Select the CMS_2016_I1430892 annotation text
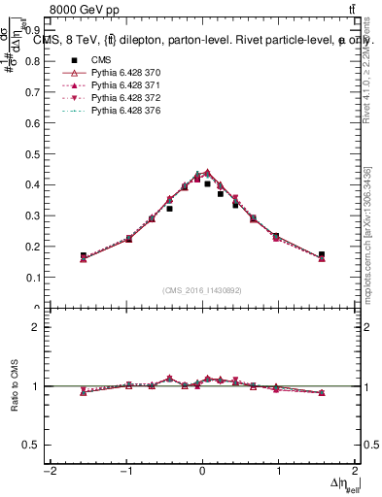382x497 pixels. tap(202, 289)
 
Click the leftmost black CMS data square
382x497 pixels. tap(84, 255)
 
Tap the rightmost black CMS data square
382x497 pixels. tap(322, 254)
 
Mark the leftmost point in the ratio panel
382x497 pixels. tap(84, 392)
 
